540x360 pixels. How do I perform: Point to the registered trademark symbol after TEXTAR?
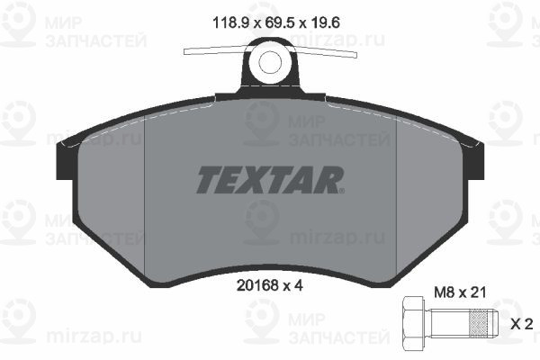pyautogui.click(x=341, y=190)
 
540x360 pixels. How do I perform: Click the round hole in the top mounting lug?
pyautogui.click(x=270, y=62)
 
